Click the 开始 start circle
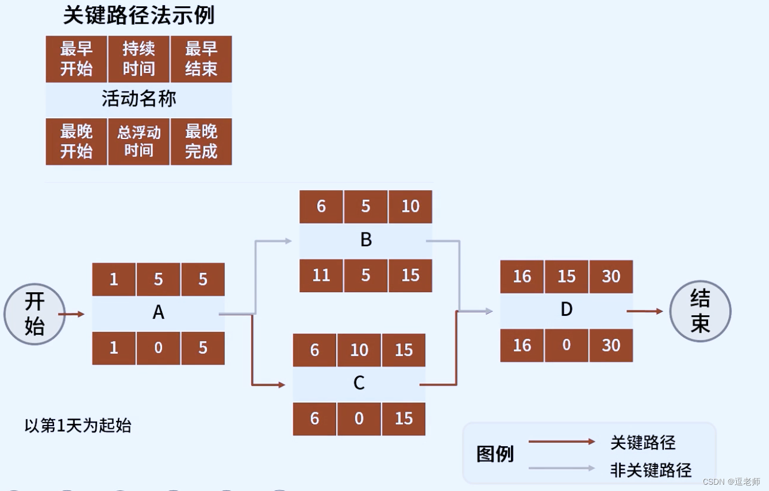tap(34, 314)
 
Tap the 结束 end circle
tap(700, 311)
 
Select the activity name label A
tap(158, 313)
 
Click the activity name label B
tap(366, 240)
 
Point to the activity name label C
tap(359, 383)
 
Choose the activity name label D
tap(566, 310)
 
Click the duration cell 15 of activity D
tap(566, 277)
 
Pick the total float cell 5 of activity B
tap(366, 275)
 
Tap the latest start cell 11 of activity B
tap(321, 275)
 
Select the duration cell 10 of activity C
tap(359, 350)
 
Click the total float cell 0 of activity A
tap(158, 347)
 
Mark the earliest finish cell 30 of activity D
tap(611, 277)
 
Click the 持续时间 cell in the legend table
tap(139, 59)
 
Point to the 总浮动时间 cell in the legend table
tap(139, 141)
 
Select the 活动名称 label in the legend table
tap(139, 99)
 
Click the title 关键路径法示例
tap(139, 16)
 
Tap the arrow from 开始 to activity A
tap(71, 314)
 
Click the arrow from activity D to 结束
tap(644, 311)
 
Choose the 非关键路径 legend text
tap(651, 469)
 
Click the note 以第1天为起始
tap(78, 426)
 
